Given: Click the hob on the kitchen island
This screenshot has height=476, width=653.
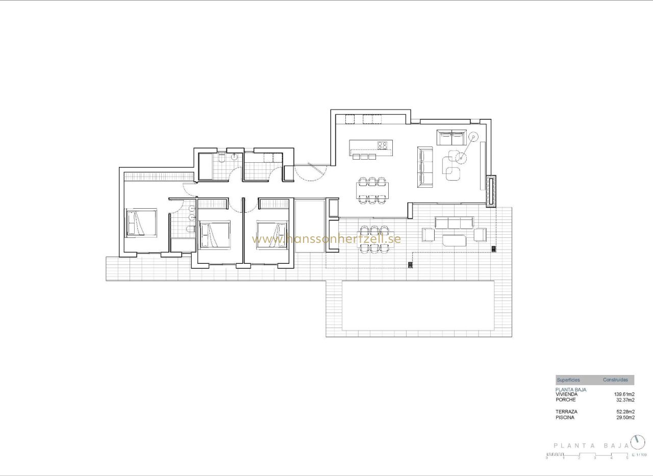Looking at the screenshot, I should click(x=382, y=145).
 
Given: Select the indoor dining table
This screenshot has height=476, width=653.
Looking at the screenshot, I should click(x=372, y=191).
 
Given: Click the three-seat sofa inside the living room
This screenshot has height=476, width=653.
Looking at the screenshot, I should click(x=425, y=165).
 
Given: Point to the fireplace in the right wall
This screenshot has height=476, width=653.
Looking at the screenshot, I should click(x=491, y=191).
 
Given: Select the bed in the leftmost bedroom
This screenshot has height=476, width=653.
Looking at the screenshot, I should click(x=141, y=222).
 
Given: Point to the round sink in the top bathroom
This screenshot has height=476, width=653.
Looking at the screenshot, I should click(x=235, y=157).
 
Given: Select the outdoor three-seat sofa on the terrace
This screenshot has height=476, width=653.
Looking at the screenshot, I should click(x=454, y=223).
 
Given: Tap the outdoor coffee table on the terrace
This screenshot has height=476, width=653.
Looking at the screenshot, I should click(x=455, y=240).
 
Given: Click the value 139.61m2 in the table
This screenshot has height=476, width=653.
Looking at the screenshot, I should click(x=623, y=394).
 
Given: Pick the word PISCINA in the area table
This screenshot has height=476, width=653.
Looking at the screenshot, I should click(x=566, y=417).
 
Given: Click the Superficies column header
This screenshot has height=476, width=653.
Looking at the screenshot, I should click(x=568, y=380).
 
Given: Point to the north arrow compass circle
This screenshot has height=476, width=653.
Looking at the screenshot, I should click(x=637, y=441).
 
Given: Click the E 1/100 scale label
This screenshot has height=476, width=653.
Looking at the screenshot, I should click(x=639, y=454).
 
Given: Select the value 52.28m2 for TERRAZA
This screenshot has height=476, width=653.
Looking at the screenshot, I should click(x=623, y=412).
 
